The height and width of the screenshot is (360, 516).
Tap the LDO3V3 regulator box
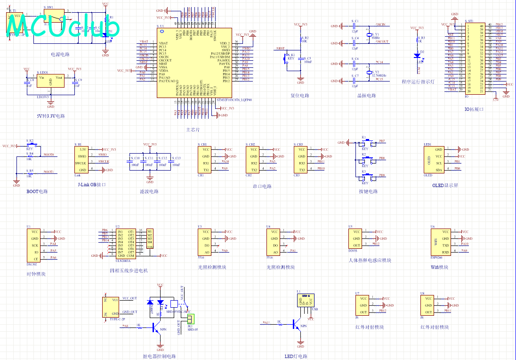(x=51, y=82)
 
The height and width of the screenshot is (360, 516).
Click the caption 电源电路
(x=60, y=54)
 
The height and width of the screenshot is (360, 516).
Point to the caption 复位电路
(x=300, y=96)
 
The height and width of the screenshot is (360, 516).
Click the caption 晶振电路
(x=367, y=96)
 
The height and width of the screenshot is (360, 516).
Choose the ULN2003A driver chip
(x=126, y=243)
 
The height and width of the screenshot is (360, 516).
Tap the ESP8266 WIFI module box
(x=439, y=242)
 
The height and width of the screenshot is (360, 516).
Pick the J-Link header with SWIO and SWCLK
(x=82, y=160)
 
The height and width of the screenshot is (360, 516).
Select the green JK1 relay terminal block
(x=191, y=318)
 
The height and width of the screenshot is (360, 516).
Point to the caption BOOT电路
(x=37, y=191)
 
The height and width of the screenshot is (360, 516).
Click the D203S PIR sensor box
(x=356, y=238)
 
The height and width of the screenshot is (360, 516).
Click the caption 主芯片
(x=193, y=129)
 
